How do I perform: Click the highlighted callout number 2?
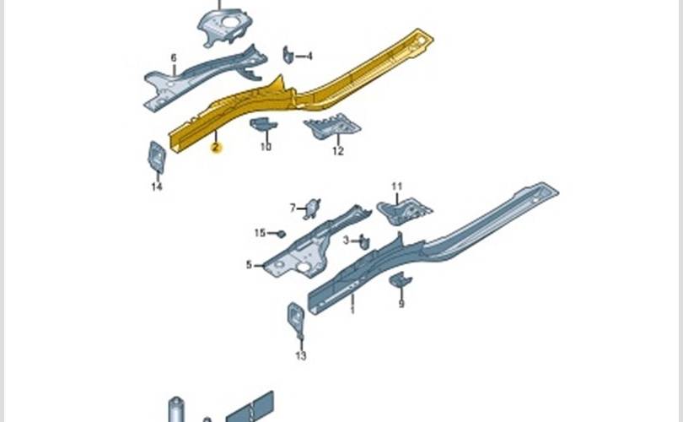coord(216,148)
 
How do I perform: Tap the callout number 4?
coord(309,56)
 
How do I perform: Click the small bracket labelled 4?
coord(288,55)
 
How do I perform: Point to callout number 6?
coord(174,57)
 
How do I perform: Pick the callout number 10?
coord(266,147)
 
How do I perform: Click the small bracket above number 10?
coord(264,126)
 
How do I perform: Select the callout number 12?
coord(337,152)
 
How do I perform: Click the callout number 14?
coord(156,187)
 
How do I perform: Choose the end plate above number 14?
coord(157,155)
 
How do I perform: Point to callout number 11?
coord(396,186)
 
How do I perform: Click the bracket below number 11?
coord(404,208)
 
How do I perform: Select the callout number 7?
coord(293,208)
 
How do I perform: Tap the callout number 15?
coord(261,233)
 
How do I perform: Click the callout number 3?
coord(346,241)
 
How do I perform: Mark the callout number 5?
coord(249,265)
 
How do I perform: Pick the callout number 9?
coord(401,303)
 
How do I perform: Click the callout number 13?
coord(301,355)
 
